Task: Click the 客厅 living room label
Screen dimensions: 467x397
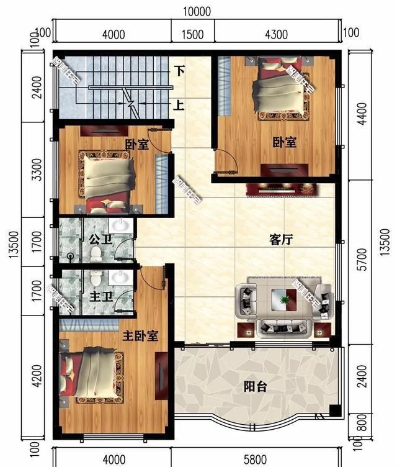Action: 281,240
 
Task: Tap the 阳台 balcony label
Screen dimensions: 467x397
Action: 254,387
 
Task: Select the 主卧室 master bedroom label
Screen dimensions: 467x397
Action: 140,336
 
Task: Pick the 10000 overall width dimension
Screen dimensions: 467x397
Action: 198,11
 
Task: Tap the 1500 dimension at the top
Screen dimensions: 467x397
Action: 194,34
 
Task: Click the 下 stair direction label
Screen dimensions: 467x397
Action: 179,71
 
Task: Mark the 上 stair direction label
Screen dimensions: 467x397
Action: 179,105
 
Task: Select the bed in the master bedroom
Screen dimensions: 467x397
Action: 93,375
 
